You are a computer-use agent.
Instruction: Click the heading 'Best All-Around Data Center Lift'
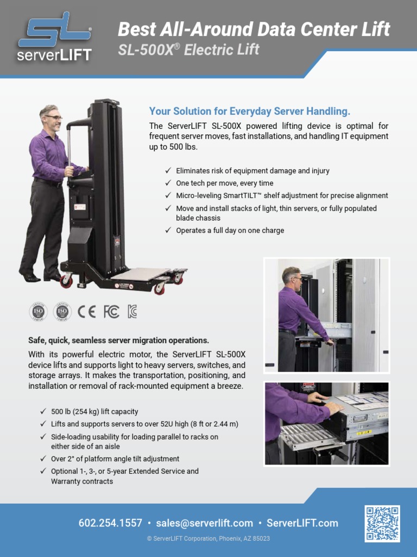[254, 29]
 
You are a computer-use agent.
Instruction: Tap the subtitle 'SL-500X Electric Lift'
[188, 50]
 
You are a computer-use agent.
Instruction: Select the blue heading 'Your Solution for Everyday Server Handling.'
[250, 112]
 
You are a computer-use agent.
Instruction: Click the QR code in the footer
[382, 523]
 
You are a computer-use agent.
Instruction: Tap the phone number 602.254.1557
[110, 523]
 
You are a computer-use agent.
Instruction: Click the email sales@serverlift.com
[204, 523]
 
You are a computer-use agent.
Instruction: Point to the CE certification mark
[86, 311]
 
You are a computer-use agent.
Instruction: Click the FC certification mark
[111, 311]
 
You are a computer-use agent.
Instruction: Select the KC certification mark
[132, 311]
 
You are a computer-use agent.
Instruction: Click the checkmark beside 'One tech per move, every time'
[168, 183]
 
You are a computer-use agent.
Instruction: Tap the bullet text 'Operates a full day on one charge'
[230, 231]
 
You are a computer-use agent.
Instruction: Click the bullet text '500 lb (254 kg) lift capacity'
[94, 412]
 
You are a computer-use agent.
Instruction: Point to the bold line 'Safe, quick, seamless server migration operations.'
[118, 341]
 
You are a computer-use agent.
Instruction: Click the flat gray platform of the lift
[141, 274]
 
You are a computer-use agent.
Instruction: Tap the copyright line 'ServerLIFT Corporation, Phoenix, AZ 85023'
[208, 539]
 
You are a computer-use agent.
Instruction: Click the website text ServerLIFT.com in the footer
[302, 523]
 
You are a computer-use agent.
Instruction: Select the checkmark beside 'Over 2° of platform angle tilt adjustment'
[43, 459]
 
